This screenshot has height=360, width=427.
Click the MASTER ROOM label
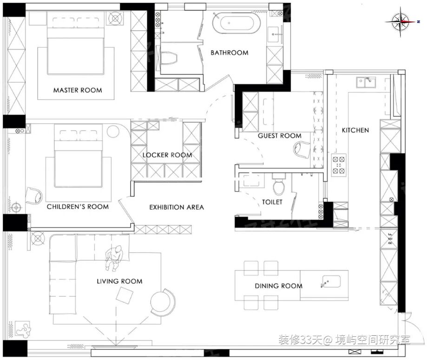point(78,90)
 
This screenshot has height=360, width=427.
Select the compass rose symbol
point(401,22)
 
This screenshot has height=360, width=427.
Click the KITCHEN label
point(355,130)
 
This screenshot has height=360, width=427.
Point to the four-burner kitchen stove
point(339,164)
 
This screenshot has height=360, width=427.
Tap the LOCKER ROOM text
point(167,155)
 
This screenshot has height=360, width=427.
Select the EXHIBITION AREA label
point(177,207)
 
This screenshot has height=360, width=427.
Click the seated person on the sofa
point(114,258)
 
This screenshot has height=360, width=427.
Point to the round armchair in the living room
point(163,302)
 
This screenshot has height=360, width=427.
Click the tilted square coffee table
point(125,296)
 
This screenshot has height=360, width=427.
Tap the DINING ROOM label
point(279,286)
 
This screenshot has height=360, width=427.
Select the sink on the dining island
point(331,282)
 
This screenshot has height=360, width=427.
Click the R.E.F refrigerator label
point(390,239)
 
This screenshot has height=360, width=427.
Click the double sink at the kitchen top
point(366,82)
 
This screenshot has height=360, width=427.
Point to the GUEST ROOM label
point(280,136)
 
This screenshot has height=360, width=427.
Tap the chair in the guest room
point(302,150)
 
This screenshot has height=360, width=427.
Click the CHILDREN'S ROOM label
point(78,207)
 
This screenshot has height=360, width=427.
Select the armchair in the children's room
point(34,196)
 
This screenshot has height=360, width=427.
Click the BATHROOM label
point(229,52)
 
